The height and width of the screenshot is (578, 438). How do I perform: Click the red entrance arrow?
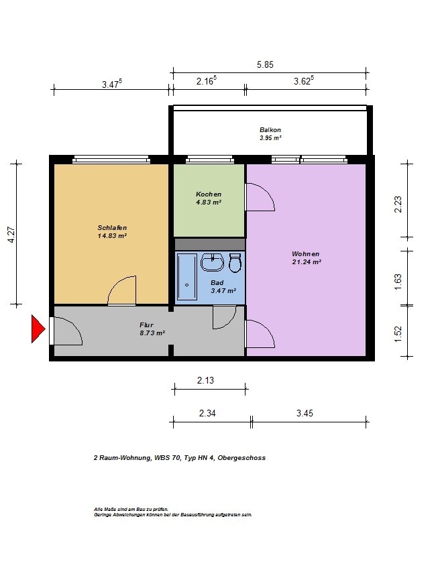click(38, 329)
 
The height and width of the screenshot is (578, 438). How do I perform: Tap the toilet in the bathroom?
click(235, 262)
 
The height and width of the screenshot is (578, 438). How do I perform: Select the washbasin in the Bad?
click(213, 262)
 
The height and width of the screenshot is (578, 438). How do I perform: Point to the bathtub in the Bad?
click(186, 277)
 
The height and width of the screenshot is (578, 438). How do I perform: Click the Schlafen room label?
click(112, 228)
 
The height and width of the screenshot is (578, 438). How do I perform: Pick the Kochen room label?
click(209, 194)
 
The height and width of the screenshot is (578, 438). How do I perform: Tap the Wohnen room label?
click(306, 254)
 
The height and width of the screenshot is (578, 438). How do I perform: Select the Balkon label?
click(270, 130)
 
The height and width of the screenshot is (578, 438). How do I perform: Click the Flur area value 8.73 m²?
click(152, 333)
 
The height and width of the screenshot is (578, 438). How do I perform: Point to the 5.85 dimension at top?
click(265, 64)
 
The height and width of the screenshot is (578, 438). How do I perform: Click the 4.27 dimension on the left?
click(11, 235)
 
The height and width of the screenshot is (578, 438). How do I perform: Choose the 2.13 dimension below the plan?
click(205, 380)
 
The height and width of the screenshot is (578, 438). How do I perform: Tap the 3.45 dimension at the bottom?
click(305, 413)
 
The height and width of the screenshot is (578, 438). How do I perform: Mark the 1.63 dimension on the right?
click(398, 281)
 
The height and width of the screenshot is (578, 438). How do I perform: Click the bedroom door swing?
click(122, 290)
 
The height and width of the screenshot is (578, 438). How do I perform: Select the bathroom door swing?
click(224, 317)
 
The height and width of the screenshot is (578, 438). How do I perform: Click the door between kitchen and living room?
click(260, 197)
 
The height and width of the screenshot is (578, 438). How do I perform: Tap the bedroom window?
click(111, 159)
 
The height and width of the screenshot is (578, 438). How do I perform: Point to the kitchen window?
click(210, 159)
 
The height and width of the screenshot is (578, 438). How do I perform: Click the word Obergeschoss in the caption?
click(241, 458)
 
